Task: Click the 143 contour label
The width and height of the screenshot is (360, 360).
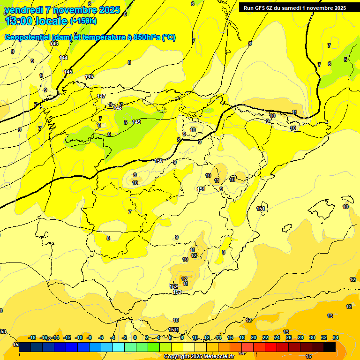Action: click(54, 44)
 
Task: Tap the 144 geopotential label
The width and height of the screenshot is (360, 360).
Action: click(63, 58)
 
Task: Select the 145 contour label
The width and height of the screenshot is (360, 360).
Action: click(68, 72)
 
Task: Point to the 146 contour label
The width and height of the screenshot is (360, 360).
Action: click(89, 76)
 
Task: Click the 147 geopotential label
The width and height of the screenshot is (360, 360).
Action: click(101, 96)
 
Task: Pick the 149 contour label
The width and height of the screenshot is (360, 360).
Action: click(136, 122)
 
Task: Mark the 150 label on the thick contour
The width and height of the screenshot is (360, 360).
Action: click(158, 161)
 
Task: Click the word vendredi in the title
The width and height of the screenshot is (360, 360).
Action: click(23, 10)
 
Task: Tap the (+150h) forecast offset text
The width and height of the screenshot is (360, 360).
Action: click(83, 21)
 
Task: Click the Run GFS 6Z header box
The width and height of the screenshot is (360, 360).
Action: click(295, 8)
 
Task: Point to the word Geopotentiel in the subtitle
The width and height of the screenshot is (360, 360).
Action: click(27, 37)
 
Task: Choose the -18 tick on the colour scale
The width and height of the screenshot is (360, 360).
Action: click(32, 337)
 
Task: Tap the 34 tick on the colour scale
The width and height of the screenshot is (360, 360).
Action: click(336, 337)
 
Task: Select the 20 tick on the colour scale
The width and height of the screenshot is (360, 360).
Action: click(254, 337)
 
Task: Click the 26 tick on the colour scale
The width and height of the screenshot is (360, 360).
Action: click(289, 337)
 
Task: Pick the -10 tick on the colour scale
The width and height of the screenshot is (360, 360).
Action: click(79, 337)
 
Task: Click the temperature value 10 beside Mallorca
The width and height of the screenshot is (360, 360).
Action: click(345, 207)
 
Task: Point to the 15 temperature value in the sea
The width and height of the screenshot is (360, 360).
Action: click(308, 344)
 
